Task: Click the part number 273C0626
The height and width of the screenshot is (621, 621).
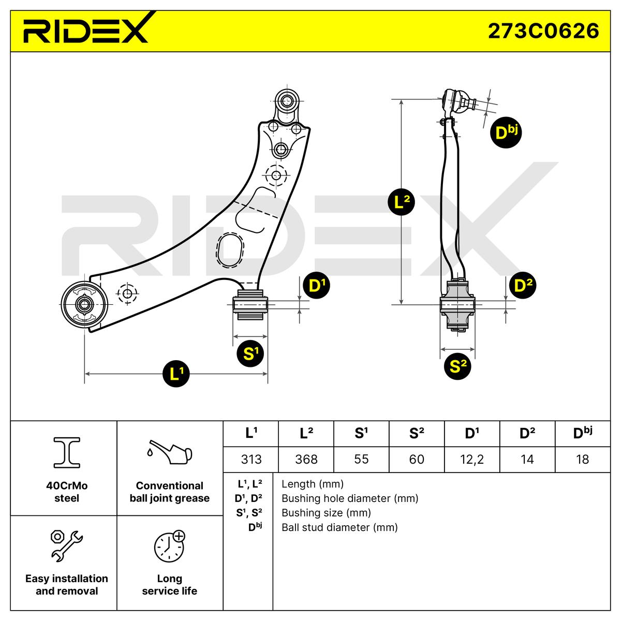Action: point(543,31)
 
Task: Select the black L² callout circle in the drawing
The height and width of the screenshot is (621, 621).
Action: point(402,202)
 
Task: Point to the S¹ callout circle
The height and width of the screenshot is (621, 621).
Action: point(250,353)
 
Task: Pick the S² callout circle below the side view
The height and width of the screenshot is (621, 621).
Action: point(458,366)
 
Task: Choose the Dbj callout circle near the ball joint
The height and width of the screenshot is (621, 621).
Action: point(505,132)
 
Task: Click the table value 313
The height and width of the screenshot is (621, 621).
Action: point(251,459)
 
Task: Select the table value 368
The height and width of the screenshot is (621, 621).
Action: point(306,459)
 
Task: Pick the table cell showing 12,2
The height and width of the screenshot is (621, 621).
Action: point(471,459)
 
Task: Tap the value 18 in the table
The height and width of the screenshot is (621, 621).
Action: point(582,459)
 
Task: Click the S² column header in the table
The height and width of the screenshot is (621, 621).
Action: point(416,434)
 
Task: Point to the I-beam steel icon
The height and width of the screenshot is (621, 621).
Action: point(67,451)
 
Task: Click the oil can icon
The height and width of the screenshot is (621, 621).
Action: point(169,452)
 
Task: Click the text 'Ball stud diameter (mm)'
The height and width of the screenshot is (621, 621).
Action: point(339,527)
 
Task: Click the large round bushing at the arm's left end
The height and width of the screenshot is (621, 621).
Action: point(83,305)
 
